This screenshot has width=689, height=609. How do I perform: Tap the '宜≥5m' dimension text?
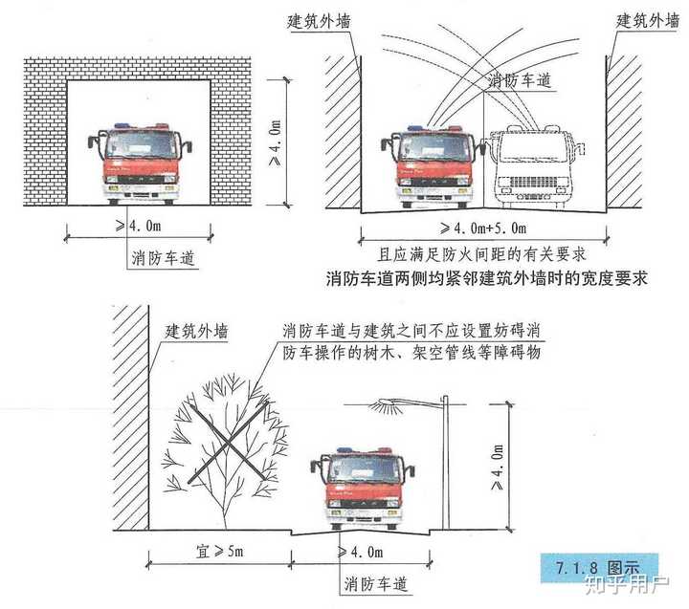point(216,553)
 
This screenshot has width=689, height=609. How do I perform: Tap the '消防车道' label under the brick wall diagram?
point(157,257)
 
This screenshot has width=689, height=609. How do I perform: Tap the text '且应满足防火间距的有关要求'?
point(481,254)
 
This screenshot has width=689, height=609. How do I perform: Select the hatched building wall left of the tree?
point(130,421)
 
